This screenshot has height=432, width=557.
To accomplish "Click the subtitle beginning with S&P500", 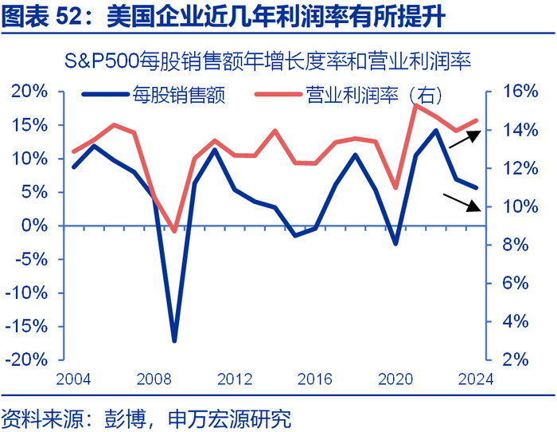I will (278, 61).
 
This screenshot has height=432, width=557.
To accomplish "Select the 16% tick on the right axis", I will (518, 91).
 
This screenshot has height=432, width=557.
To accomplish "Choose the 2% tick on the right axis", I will (522, 359).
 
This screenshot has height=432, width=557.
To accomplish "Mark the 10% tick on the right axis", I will (518, 206).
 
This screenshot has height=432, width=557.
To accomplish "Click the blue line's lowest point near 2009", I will (174, 340).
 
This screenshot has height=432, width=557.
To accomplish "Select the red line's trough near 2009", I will (174, 231).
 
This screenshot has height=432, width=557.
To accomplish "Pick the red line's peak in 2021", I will (416, 105).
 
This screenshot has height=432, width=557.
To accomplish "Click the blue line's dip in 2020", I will (395, 242).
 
